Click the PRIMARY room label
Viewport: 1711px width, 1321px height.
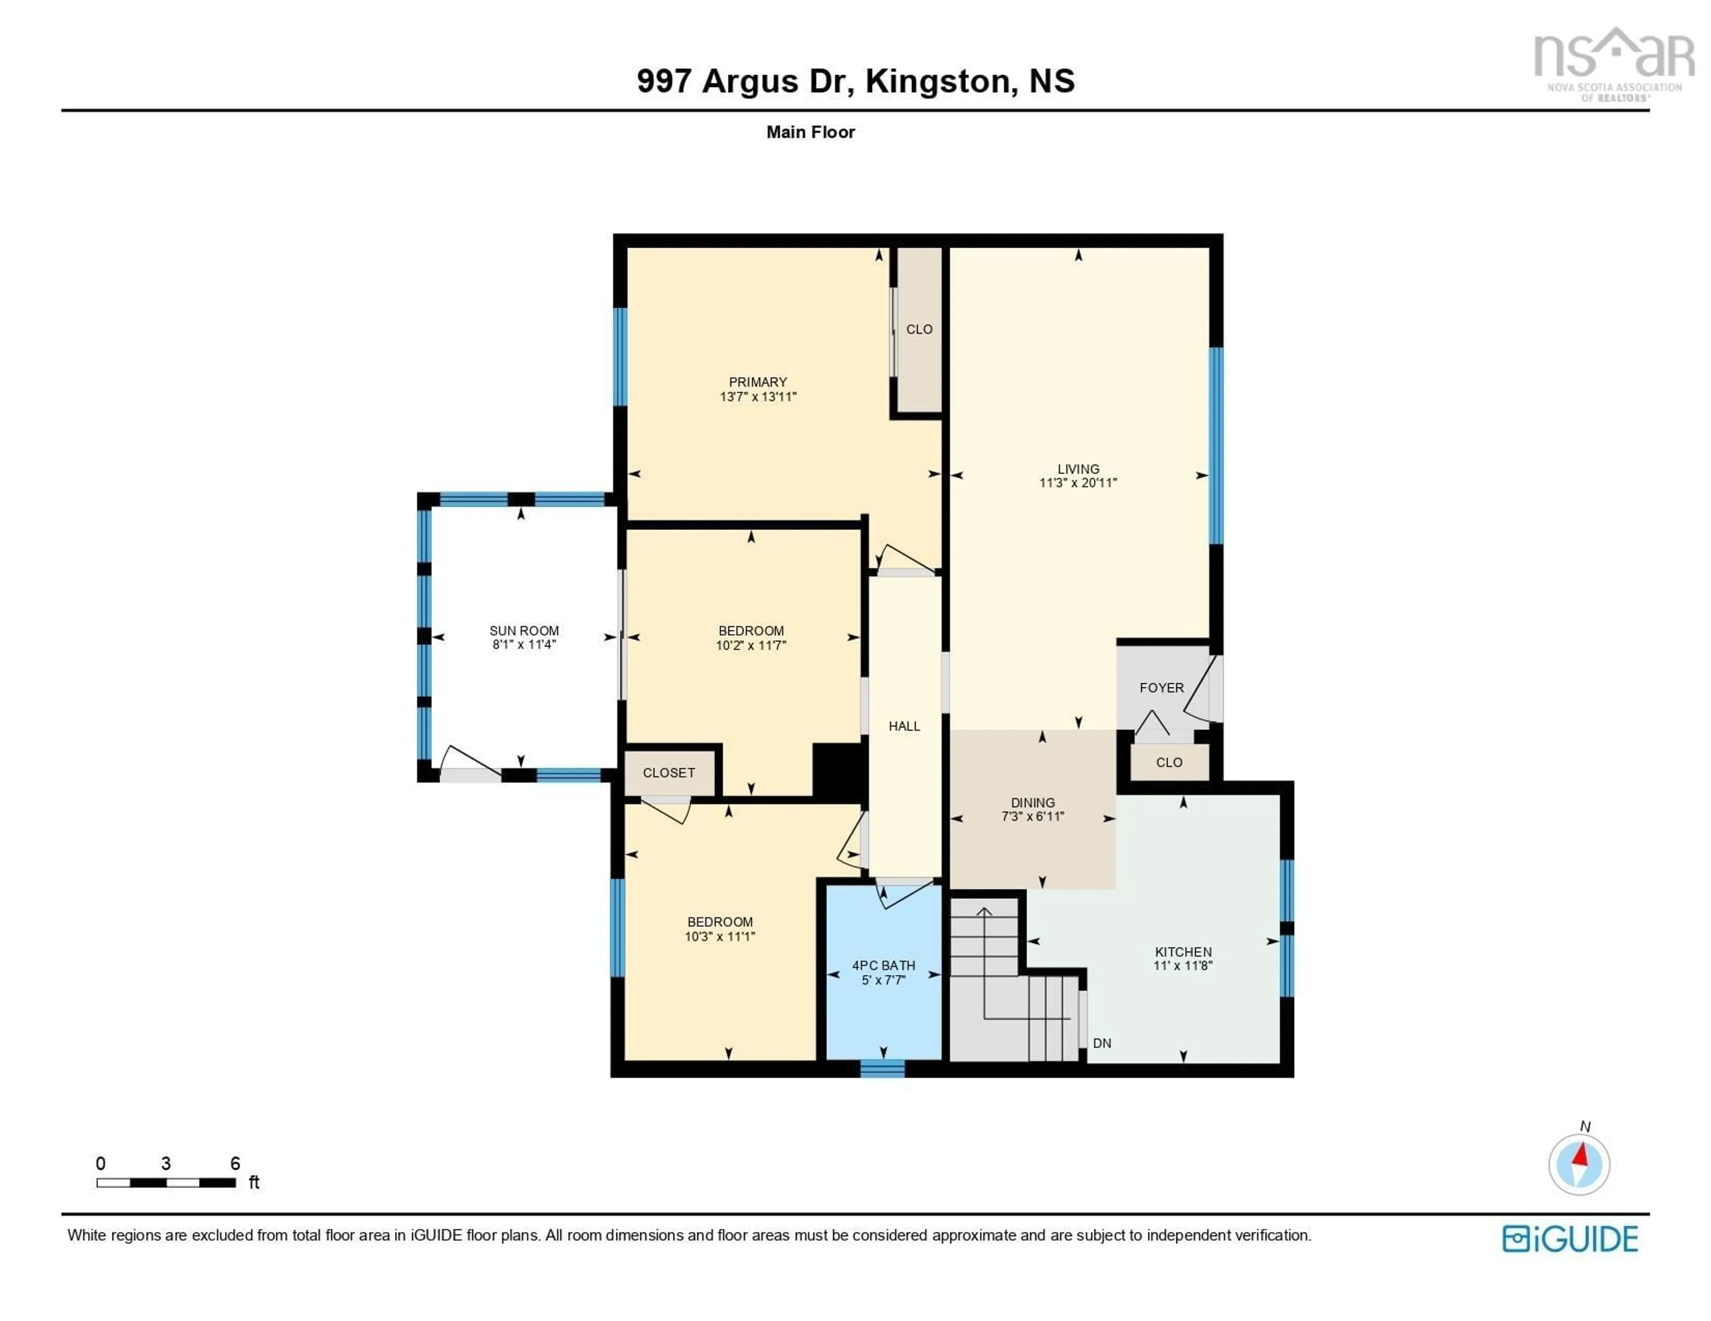point(757,382)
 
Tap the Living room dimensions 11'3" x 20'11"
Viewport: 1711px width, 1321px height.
point(1078,483)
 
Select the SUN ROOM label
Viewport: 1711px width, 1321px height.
point(524,630)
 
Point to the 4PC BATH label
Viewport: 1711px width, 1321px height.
point(884,966)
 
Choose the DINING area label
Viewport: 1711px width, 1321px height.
point(1032,803)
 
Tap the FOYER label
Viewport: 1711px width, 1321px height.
point(1162,687)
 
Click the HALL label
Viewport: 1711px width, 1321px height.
point(904,726)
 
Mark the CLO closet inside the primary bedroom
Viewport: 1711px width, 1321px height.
point(919,329)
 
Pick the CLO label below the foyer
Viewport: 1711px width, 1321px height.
point(1169,762)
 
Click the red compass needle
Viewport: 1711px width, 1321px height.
point(1581,1155)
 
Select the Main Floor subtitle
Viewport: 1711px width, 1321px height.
point(810,132)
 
